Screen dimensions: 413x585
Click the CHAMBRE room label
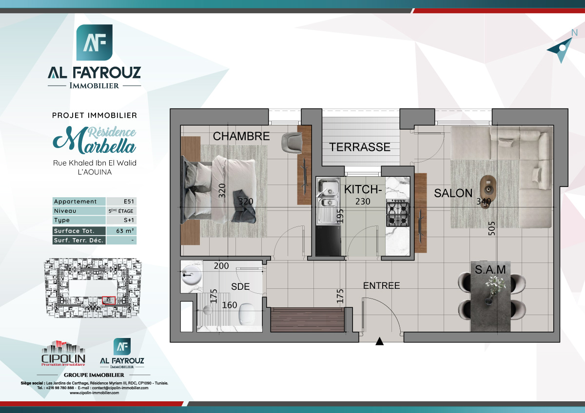point(241,136)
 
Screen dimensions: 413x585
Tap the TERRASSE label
point(360,147)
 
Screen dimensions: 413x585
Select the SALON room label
point(453,193)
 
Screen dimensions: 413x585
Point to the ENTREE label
point(382,286)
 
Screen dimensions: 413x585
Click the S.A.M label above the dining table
point(490,269)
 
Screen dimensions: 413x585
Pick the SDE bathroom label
point(240,287)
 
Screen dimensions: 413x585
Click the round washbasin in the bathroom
point(191,276)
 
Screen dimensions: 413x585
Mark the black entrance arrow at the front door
point(380,342)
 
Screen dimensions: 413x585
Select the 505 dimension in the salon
point(492,228)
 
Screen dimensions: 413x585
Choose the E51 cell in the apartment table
point(121,202)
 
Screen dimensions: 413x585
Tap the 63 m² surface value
point(121,231)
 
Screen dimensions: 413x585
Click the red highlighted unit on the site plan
point(110,300)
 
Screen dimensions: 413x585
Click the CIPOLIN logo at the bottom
point(63,354)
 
